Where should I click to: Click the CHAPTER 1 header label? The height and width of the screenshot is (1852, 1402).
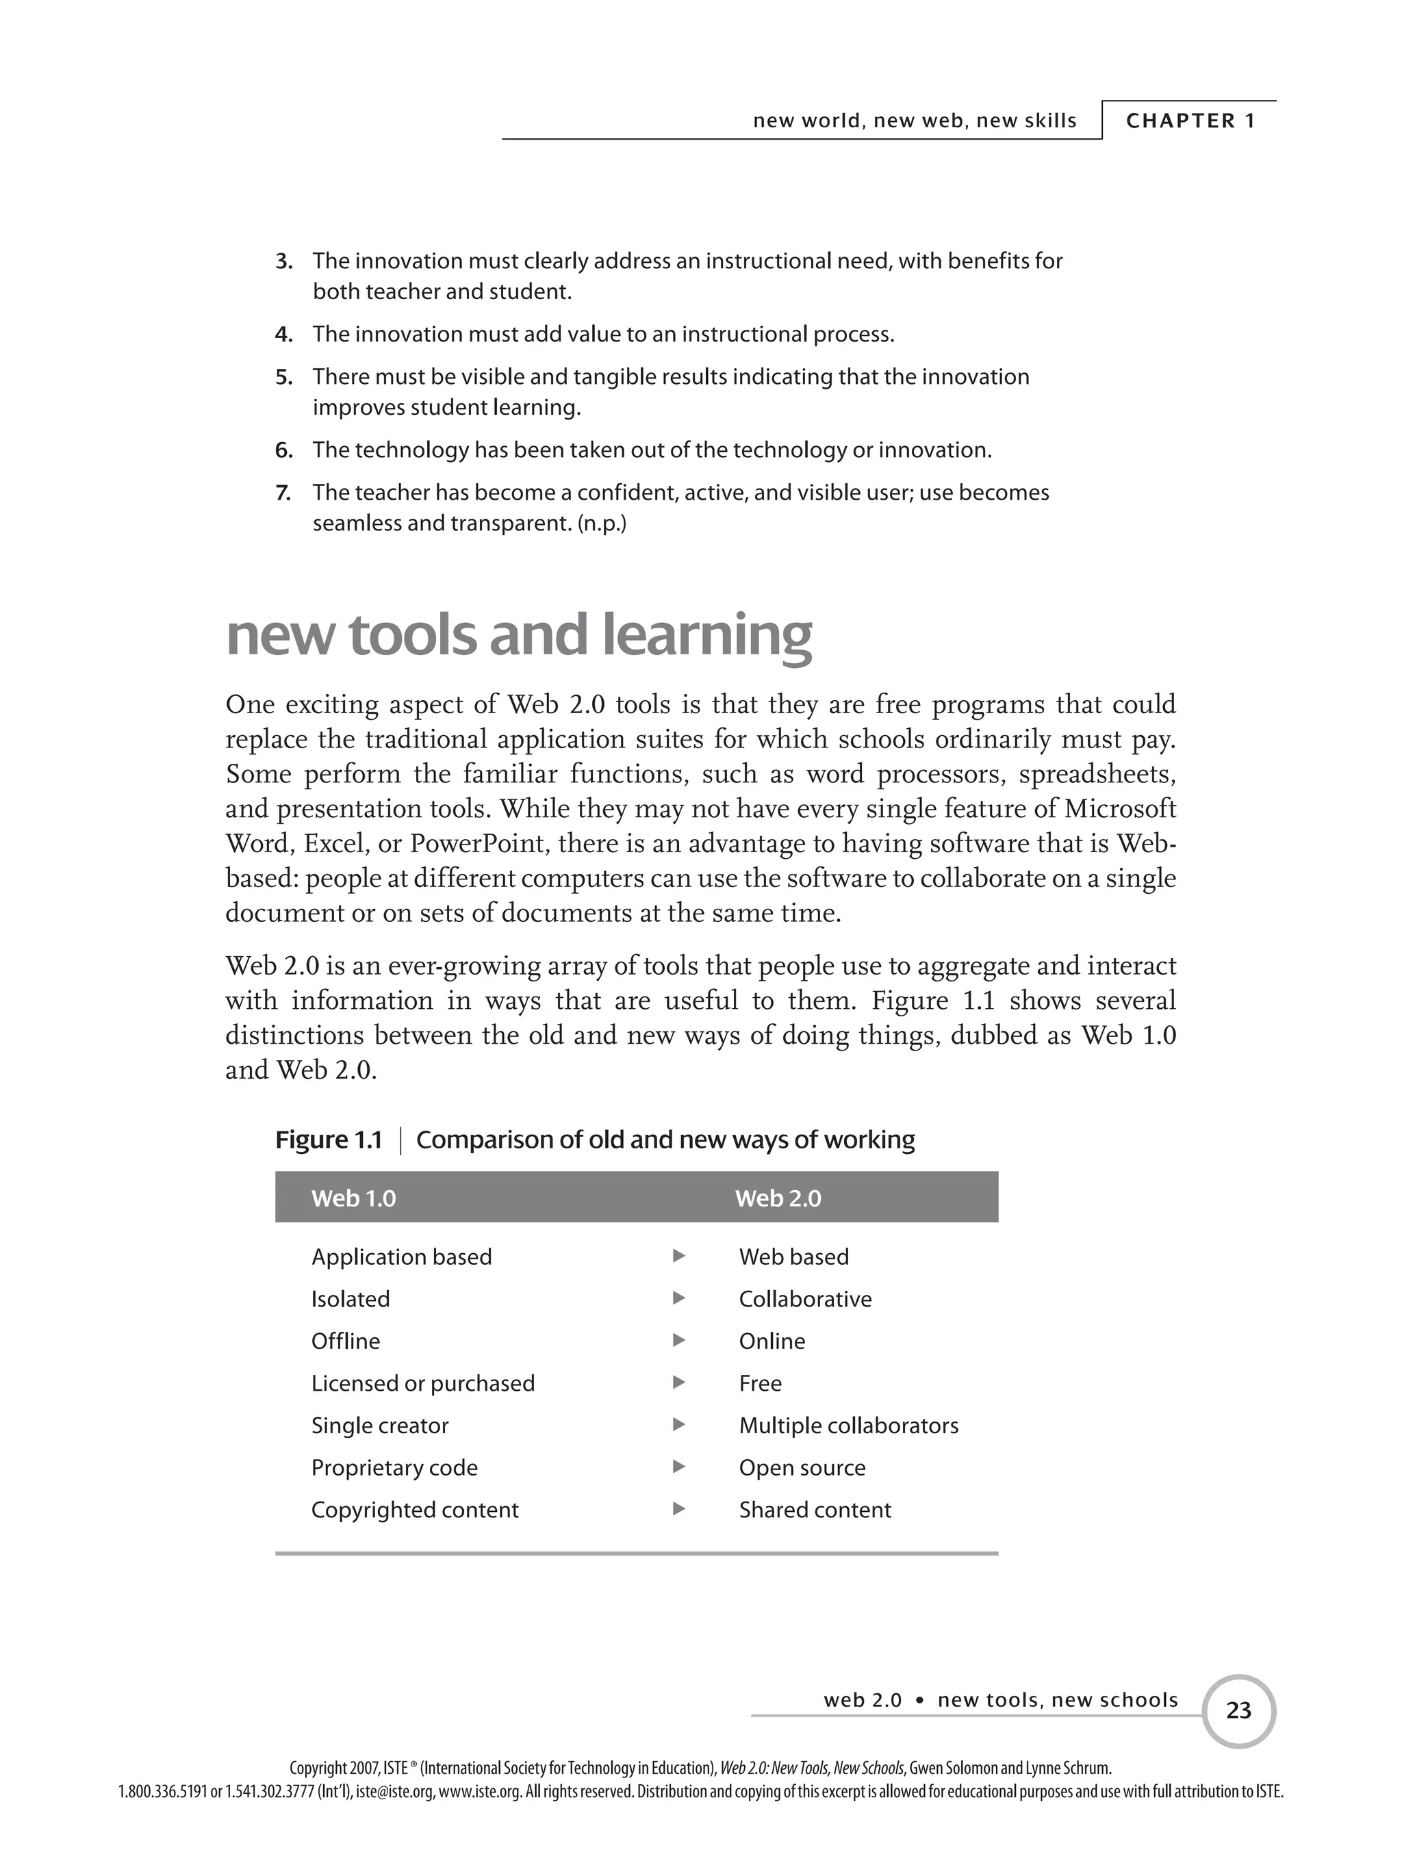coord(1190,120)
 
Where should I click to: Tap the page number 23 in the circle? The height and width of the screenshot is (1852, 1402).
coord(1238,1710)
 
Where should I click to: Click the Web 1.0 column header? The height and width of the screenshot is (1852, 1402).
coord(353,1198)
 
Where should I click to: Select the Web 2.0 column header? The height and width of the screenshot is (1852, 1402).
coord(778,1198)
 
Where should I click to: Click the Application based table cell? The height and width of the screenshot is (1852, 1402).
coord(401,1257)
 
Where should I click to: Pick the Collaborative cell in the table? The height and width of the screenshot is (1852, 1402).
coord(805,1298)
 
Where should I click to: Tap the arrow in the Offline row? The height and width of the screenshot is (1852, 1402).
coord(679,1341)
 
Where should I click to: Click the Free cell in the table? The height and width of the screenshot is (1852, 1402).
coord(760,1383)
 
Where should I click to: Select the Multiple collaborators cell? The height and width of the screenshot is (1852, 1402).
coord(848,1425)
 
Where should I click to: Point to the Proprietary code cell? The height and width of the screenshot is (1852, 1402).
coord(394,1467)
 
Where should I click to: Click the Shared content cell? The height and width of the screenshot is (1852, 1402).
coord(815,1510)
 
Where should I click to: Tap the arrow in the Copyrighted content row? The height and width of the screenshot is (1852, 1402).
coord(679,1508)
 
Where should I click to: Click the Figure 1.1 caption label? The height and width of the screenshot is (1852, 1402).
coord(329,1140)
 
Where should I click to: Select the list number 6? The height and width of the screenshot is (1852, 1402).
coord(284,450)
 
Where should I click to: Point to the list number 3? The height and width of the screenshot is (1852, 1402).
coord(284,261)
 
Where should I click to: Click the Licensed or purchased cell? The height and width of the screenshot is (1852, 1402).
coord(423,1383)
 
